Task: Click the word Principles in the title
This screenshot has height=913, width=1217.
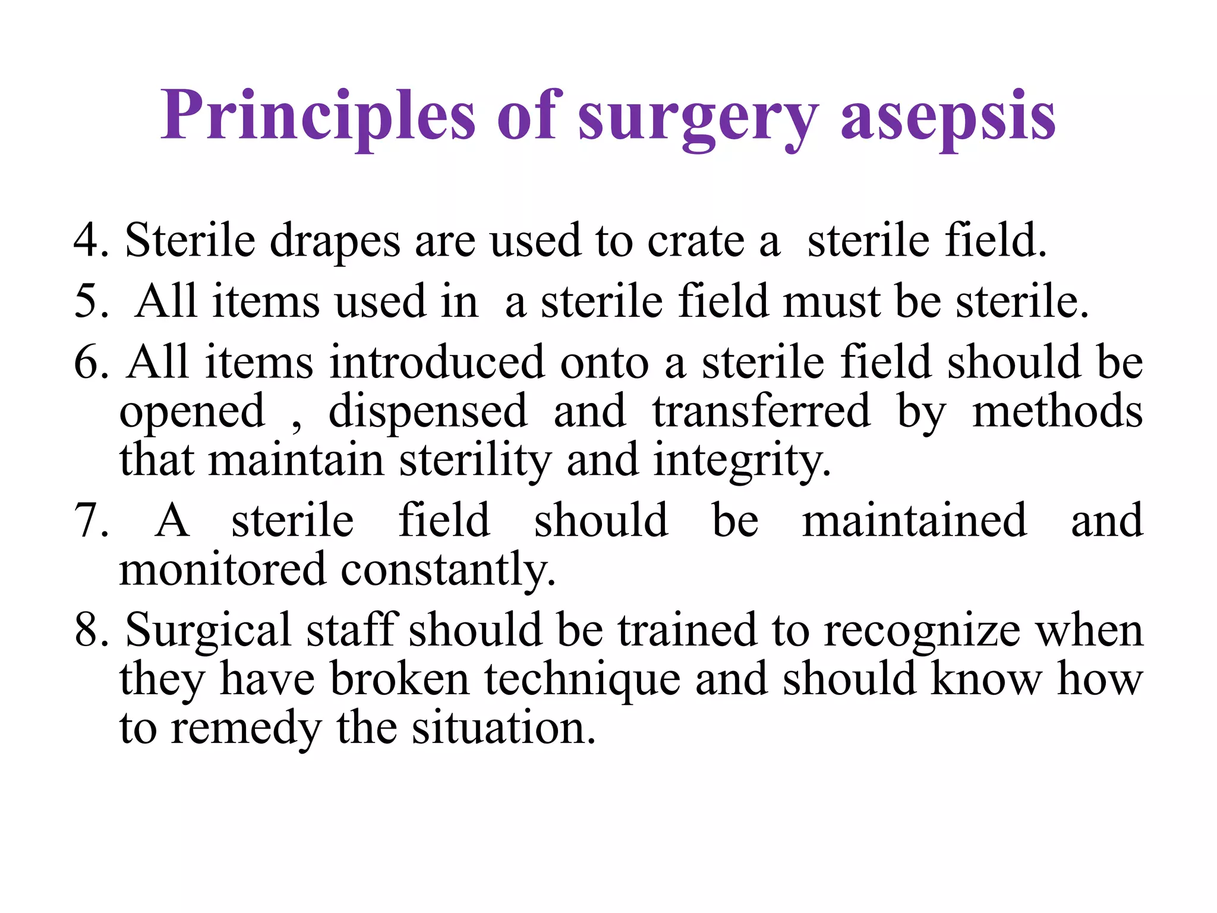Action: tap(319, 115)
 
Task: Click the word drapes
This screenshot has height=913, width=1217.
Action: tap(335, 241)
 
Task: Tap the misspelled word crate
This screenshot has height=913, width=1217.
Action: tap(695, 241)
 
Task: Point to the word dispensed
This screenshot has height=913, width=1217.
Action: tap(428, 411)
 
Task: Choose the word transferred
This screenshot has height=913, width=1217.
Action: tap(761, 411)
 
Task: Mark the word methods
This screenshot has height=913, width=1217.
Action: tap(1057, 411)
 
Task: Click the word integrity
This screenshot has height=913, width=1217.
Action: tap(742, 461)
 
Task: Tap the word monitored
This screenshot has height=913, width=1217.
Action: tap(223, 569)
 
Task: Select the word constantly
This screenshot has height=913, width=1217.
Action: tap(449, 569)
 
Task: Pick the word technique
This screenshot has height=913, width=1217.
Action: tap(582, 679)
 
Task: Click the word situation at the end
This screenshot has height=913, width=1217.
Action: tap(504, 728)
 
